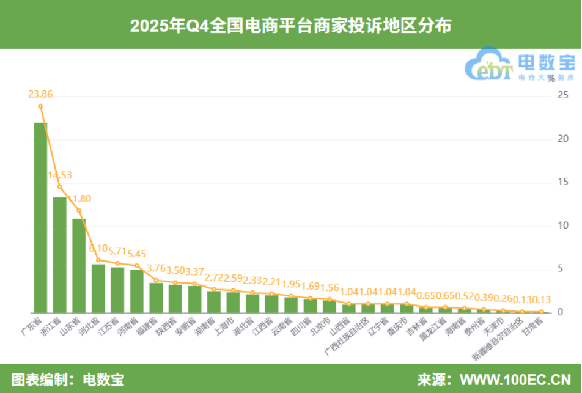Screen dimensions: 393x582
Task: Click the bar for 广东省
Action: click(40, 218)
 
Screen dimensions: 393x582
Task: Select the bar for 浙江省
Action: click(60, 255)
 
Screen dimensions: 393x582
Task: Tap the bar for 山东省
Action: click(79, 266)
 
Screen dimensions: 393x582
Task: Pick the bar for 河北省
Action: click(98, 288)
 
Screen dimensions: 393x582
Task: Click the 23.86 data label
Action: click(40, 94)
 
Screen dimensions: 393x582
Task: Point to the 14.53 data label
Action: click(60, 175)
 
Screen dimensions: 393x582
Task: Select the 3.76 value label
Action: click(157, 267)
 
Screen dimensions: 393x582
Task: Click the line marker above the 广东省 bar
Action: click(40, 106)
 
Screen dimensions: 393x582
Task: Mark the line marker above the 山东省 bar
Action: click(79, 211)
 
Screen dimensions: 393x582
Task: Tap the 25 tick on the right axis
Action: click(562, 95)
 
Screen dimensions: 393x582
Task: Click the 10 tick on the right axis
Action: click(562, 226)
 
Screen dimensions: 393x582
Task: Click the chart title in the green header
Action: click(291, 25)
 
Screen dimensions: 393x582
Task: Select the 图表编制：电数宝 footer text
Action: click(68, 379)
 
